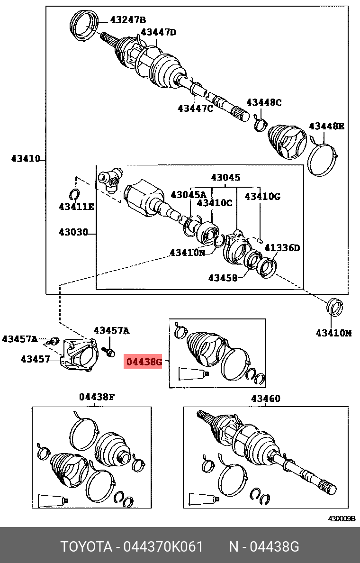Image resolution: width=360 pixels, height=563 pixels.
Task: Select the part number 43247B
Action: point(127,20)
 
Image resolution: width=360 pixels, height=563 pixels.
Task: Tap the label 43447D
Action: point(158,32)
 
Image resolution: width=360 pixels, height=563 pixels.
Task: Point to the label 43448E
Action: point(326,126)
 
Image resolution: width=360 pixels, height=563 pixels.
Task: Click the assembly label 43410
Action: point(26,159)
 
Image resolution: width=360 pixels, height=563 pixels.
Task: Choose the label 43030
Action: point(73,232)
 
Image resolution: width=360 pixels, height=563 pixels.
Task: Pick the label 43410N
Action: point(188,253)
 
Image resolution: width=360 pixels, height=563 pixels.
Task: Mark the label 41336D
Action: point(282,247)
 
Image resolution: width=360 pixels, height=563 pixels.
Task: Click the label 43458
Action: point(223,278)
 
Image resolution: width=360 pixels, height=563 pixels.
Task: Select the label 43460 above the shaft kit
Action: point(265,399)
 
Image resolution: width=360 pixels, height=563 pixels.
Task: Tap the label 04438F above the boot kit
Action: point(97,397)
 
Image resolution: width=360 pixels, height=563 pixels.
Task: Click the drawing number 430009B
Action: point(342,518)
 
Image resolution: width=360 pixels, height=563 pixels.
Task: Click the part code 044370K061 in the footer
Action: point(163,547)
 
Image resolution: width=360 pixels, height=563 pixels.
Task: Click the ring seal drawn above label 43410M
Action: point(335,307)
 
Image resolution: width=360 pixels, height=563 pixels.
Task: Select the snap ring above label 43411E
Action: point(74,194)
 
